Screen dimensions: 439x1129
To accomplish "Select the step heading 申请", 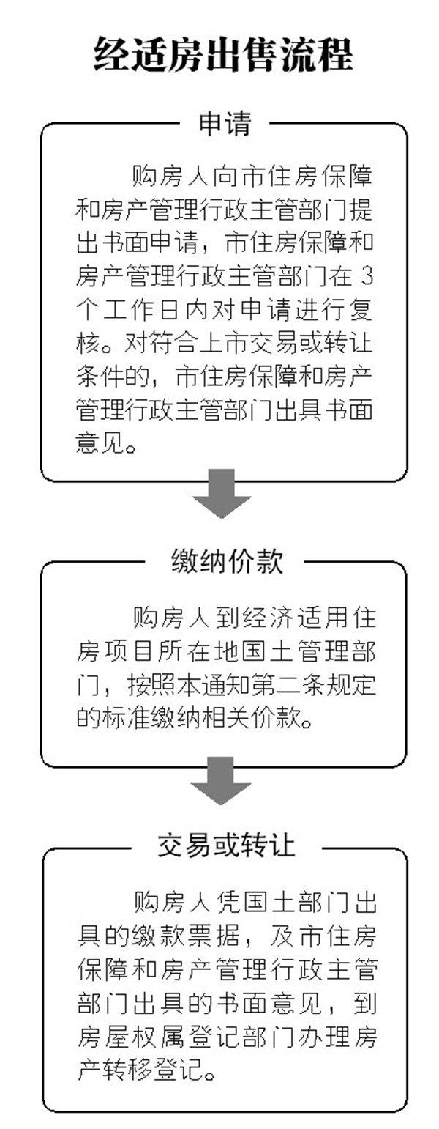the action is click(225, 124).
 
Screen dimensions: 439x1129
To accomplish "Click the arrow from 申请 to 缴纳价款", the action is click(222, 493).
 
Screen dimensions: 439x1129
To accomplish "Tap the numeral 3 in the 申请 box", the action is click(368, 277).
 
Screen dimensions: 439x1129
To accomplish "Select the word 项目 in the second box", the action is click(127, 652).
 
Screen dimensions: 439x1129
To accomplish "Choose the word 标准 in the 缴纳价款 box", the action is click(126, 718).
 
